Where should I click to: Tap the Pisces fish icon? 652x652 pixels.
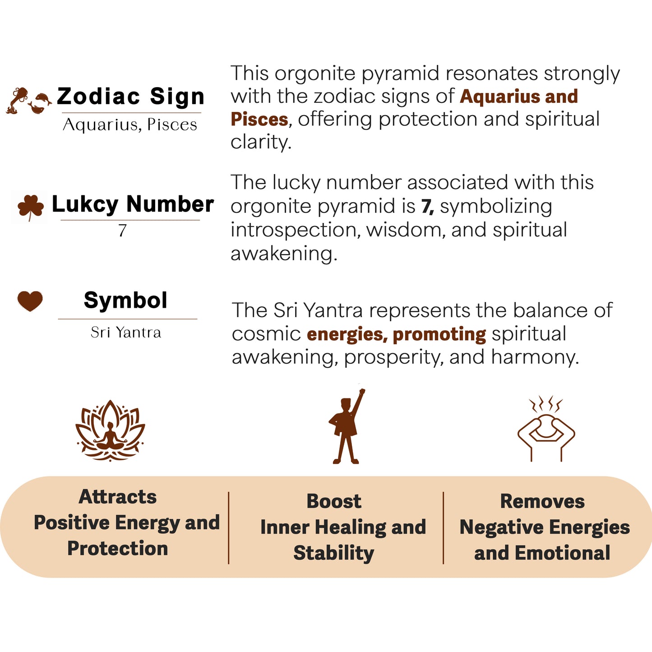tap(40, 103)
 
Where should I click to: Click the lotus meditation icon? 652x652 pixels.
tap(110, 431)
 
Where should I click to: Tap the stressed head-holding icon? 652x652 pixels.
tap(546, 429)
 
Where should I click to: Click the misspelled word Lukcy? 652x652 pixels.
tap(85, 204)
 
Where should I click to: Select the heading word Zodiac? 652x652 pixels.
tap(98, 97)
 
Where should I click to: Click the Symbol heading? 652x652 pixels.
tap(125, 301)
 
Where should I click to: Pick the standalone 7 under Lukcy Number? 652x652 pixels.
tap(122, 231)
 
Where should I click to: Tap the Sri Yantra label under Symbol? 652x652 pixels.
tap(126, 332)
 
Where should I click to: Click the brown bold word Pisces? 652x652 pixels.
tap(259, 120)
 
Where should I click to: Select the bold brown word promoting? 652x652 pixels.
tap(439, 335)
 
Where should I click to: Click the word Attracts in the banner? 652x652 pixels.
tap(118, 497)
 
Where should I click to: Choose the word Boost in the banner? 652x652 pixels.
tap(334, 501)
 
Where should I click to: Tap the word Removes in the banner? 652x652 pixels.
tap(542, 501)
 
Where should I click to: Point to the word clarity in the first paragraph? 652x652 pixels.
tap(261, 142)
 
